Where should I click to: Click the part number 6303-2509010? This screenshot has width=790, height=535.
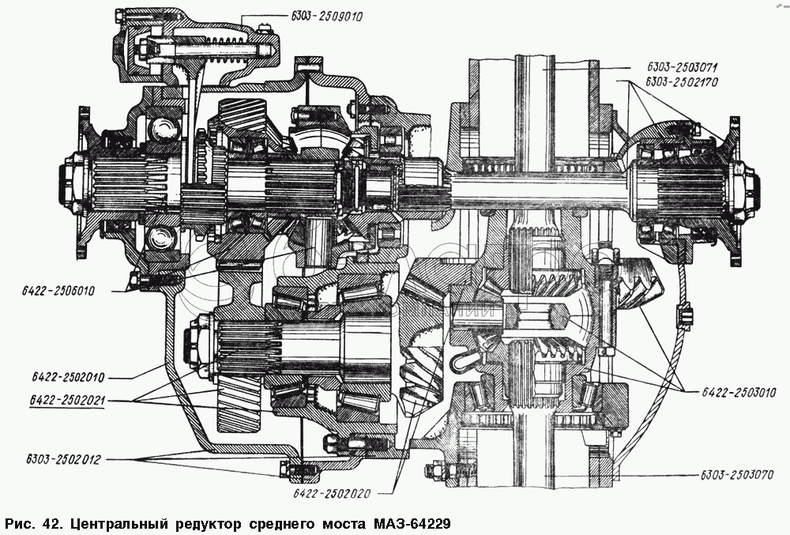click(x=326, y=16)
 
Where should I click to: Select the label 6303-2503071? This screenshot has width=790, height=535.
click(x=683, y=67)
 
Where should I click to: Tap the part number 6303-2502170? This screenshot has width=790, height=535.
click(x=683, y=81)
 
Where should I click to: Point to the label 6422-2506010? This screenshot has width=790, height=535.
click(x=58, y=291)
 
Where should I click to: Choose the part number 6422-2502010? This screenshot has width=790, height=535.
click(x=67, y=377)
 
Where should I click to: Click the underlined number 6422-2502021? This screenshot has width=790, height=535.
click(x=67, y=401)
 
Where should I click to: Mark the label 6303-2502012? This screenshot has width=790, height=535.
click(x=63, y=459)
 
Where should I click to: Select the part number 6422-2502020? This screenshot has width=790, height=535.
click(x=332, y=493)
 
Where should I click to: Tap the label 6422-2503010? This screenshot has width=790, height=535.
click(x=739, y=392)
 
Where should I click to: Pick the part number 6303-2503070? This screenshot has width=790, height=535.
click(x=736, y=475)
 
